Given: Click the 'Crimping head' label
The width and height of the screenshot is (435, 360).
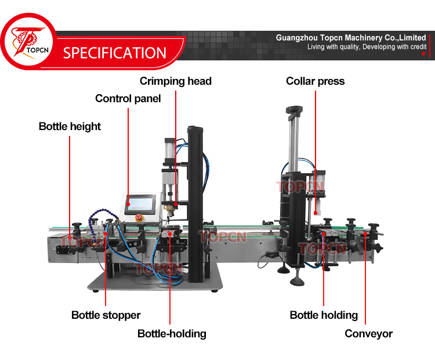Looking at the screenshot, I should (175, 81).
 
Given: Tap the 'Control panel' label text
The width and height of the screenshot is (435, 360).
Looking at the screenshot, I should (128, 98).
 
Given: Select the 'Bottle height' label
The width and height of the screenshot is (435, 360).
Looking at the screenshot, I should (70, 126).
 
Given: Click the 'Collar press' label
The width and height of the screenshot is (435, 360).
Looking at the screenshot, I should (315, 81).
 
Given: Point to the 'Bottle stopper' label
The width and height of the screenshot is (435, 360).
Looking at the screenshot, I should (106, 315).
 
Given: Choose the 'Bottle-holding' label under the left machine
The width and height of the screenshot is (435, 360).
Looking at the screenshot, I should (172, 333).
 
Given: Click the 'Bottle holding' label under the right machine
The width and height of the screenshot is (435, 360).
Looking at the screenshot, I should (324, 315).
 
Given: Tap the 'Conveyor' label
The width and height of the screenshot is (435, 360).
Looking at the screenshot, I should (368, 333).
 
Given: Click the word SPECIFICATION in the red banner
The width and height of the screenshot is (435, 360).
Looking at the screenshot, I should (114, 53).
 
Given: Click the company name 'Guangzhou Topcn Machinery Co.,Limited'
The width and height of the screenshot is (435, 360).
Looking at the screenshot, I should (351, 38).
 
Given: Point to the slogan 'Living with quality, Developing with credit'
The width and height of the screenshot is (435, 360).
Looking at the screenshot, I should (367, 46).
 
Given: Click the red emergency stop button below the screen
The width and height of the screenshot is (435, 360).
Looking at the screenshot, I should (139, 218).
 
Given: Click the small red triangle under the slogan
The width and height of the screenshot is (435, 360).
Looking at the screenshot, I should (423, 54).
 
